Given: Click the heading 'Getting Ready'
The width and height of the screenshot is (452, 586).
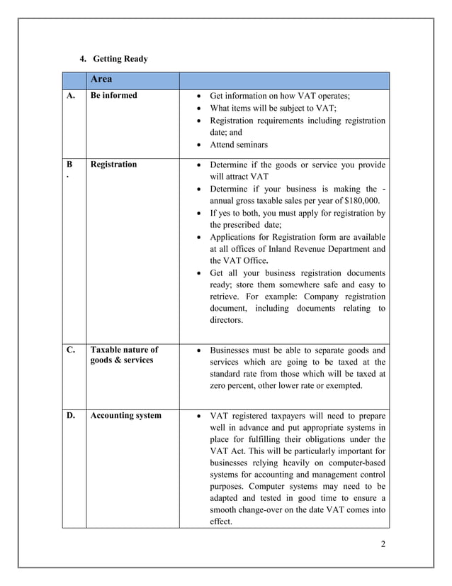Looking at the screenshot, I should click(120, 59).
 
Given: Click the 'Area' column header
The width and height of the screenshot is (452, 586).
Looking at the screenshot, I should click(102, 80).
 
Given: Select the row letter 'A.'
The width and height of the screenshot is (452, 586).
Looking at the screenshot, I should click(72, 96).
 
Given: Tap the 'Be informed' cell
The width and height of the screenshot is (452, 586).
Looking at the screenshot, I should click(114, 96).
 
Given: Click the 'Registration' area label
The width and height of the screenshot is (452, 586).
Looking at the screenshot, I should click(114, 165).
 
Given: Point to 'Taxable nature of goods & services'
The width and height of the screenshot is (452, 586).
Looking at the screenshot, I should click(124, 355).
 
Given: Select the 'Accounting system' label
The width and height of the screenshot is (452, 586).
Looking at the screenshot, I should click(125, 416).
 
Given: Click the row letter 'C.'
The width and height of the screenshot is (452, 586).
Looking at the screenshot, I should click(72, 350).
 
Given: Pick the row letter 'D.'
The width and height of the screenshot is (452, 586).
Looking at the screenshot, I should click(72, 416).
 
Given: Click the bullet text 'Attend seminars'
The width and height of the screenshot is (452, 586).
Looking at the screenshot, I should click(239, 145).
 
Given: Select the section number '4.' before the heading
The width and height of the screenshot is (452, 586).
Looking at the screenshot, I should click(82, 59).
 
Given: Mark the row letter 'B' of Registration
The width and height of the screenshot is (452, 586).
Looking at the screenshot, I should click(71, 165).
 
